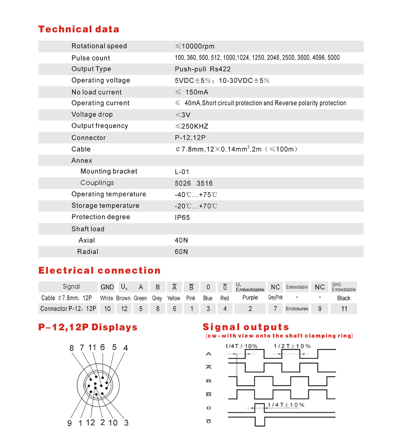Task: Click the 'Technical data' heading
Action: coord(78,29)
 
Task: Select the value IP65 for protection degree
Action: coord(182,217)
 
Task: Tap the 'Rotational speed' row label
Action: coord(99,46)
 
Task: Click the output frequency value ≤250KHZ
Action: coord(192,126)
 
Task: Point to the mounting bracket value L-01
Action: coord(182,172)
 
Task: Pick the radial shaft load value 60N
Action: coord(181,252)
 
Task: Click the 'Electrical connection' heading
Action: coord(99,271)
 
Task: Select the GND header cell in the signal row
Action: coord(107,287)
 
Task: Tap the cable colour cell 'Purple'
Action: coord(250,298)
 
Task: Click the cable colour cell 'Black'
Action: coord(344,298)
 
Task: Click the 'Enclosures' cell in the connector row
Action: coord(297,309)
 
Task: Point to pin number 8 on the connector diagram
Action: coord(71,348)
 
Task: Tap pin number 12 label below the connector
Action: coord(90,422)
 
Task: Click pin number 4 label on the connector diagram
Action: coord(125,348)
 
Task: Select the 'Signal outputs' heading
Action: coord(246,327)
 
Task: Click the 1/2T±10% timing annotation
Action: coord(292,346)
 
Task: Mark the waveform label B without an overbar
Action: coord(209,381)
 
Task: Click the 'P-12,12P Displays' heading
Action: coord(87,327)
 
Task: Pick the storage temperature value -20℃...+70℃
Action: coord(196,206)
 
